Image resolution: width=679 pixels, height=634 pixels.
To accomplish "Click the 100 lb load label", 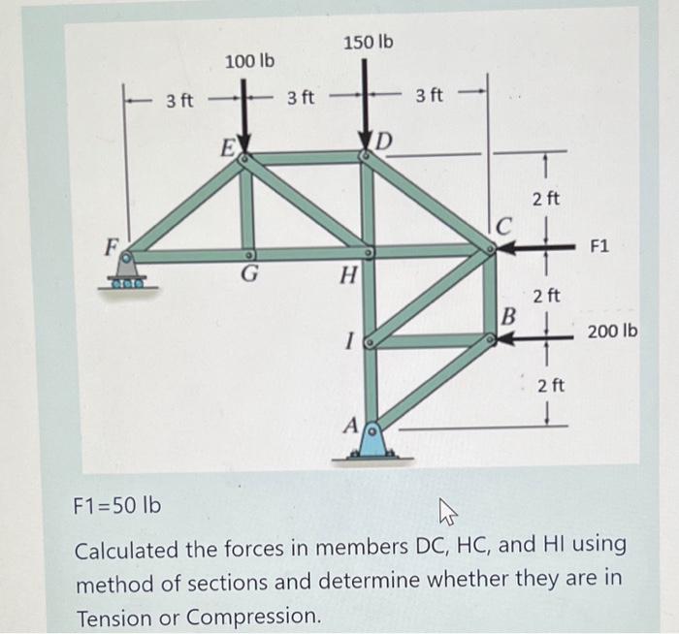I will pyautogui.click(x=249, y=62).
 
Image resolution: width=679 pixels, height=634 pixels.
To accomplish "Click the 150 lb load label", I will pyautogui.click(x=369, y=43).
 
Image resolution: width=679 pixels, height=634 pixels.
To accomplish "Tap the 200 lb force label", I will pyautogui.click(x=613, y=332).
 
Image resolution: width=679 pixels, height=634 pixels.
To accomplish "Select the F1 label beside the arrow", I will pyautogui.click(x=598, y=246).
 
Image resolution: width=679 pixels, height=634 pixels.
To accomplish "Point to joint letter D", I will pyautogui.click(x=384, y=143).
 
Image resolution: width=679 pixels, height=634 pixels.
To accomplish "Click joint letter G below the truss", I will pyautogui.click(x=249, y=275).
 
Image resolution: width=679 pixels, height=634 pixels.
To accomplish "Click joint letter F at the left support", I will pyautogui.click(x=113, y=243).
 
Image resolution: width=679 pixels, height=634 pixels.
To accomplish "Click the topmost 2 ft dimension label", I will pyautogui.click(x=546, y=200).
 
